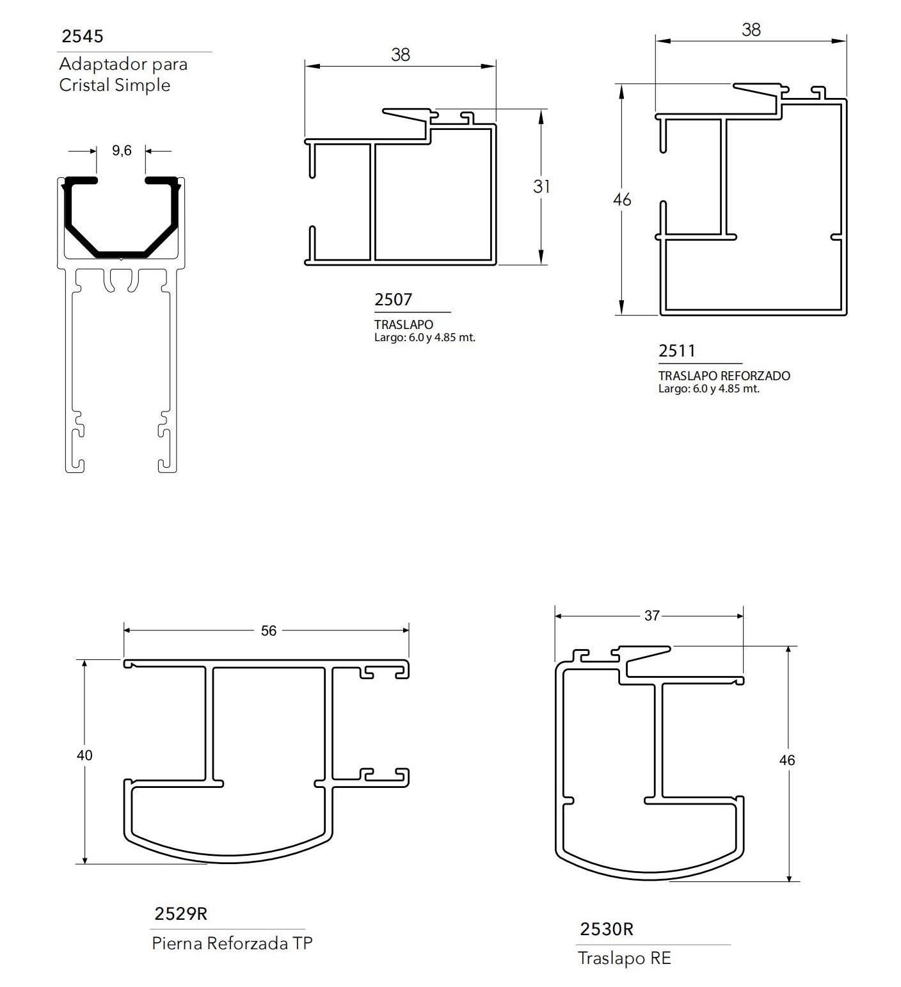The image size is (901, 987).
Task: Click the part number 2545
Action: point(82,36)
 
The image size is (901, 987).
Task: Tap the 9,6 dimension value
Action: point(122,150)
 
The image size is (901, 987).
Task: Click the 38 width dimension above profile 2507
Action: point(401,55)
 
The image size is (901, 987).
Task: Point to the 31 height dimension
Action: point(541,186)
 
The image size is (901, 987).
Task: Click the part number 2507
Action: point(393,300)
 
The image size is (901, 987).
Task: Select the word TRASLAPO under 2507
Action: point(404,325)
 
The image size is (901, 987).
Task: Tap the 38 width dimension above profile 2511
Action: point(751,30)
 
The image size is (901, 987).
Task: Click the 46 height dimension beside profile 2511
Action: point(622,200)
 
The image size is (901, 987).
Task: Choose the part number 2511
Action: point(677,351)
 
